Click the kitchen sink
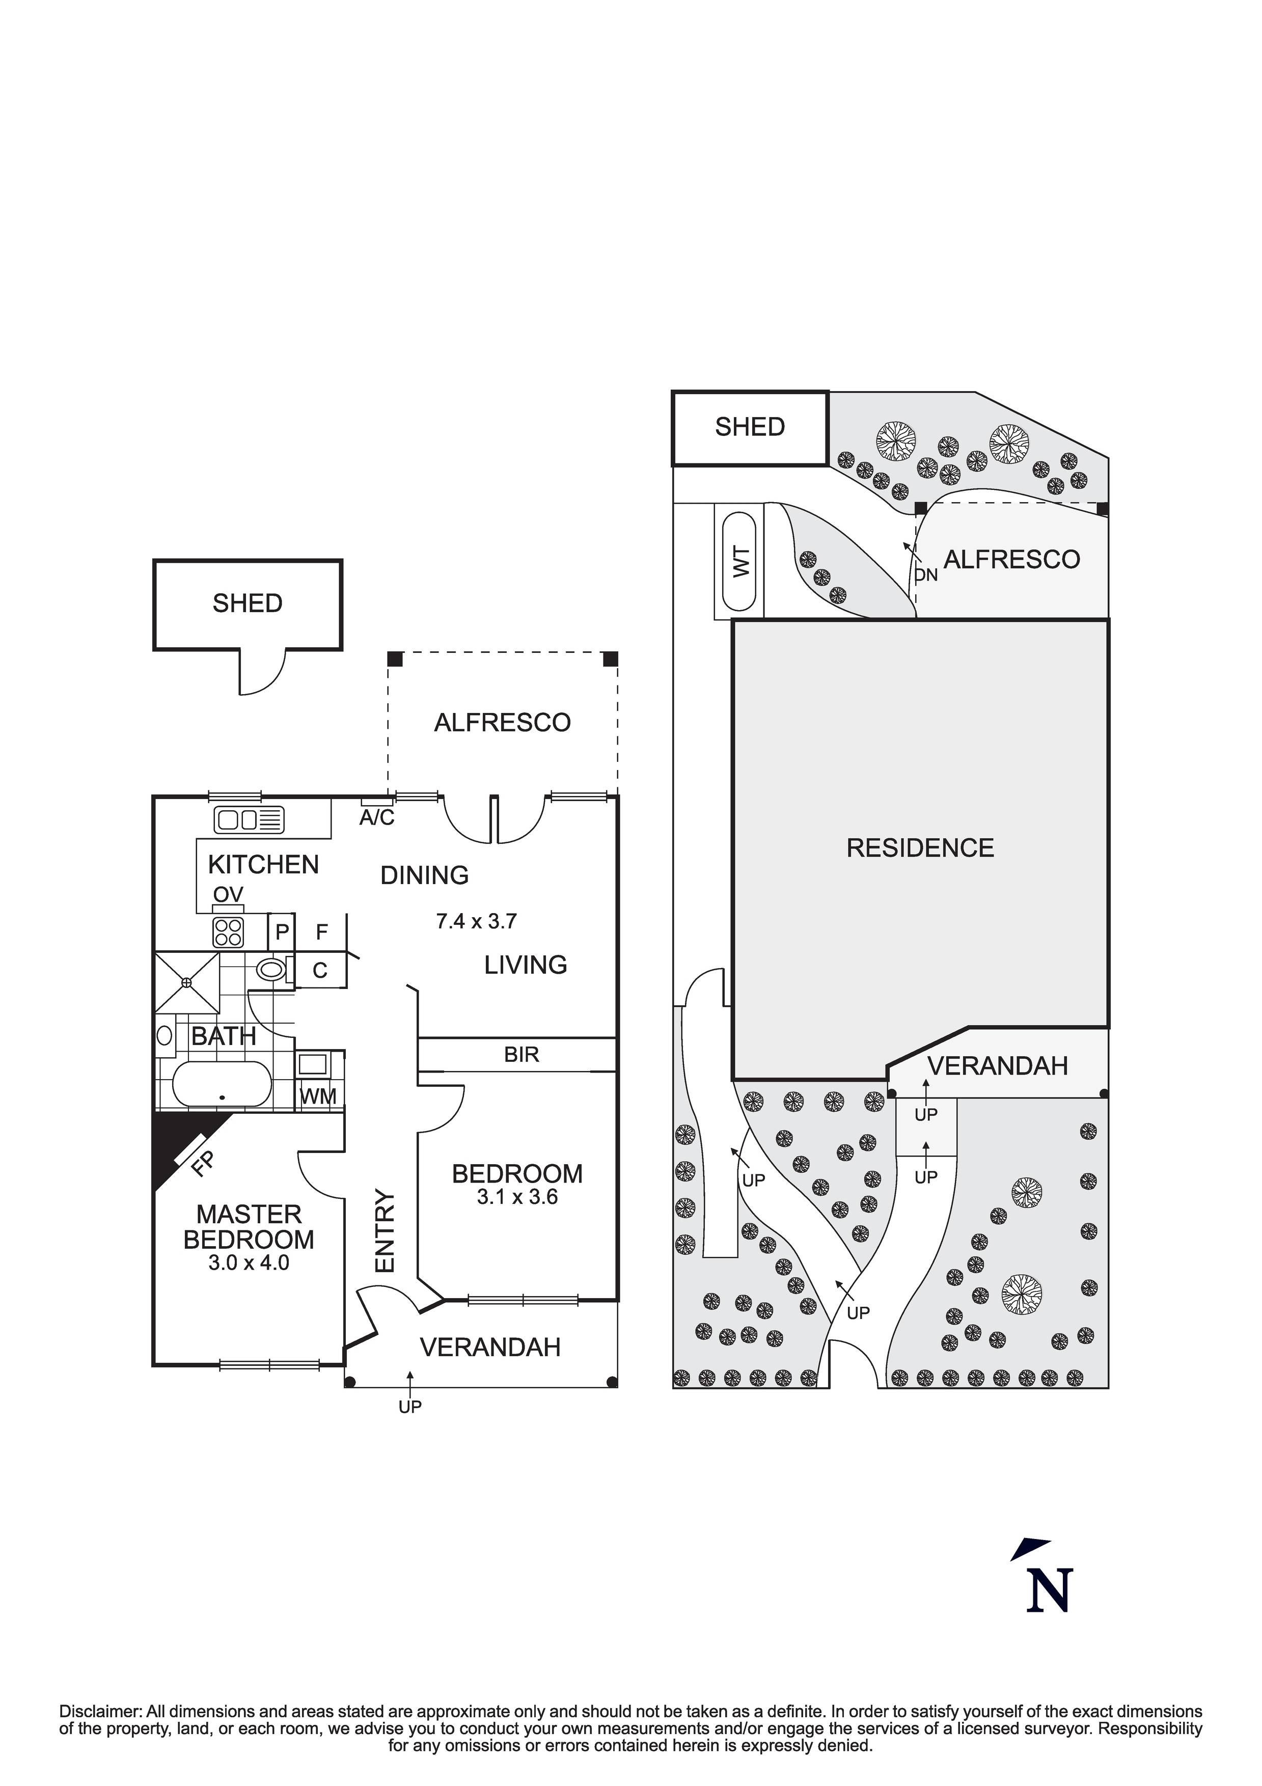pyautogui.click(x=250, y=820)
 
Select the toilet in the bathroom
pyautogui.click(x=271, y=969)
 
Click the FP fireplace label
pyautogui.click(x=202, y=1165)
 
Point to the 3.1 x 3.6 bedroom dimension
pyautogui.click(x=517, y=1197)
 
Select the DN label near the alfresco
pyautogui.click(x=926, y=575)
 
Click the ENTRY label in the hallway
pyautogui.click(x=385, y=1231)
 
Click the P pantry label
pyautogui.click(x=282, y=931)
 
